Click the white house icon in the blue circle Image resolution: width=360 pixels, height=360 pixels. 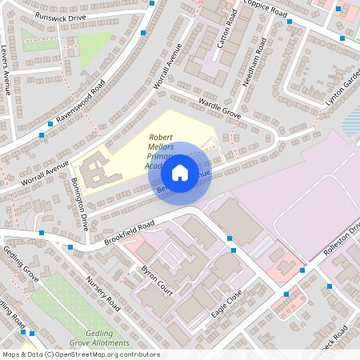(x=180, y=172)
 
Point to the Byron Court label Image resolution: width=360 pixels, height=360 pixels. (x=157, y=276)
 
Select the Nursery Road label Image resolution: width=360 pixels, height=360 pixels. (x=102, y=294)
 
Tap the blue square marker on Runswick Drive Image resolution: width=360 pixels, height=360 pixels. (x=142, y=32)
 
